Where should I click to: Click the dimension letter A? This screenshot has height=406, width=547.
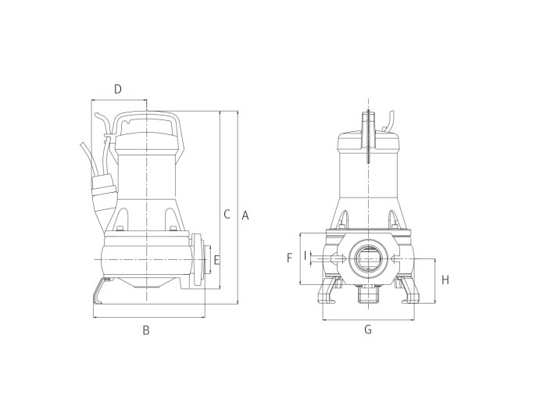click(245, 215)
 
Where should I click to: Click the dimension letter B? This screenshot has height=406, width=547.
click(146, 330)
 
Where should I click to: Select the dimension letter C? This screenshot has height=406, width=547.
click(227, 214)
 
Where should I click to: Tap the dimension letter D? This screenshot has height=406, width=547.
click(118, 89)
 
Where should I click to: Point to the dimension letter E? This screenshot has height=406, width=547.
click(216, 260)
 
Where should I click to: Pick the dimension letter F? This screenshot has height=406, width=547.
click(289, 258)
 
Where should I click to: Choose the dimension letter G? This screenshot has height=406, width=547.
click(368, 329)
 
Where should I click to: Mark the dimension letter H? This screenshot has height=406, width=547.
click(445, 280)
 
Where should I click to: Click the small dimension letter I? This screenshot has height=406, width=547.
click(306, 255)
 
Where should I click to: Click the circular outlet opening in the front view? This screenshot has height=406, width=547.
click(368, 258)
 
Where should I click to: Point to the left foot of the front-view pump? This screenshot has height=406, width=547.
click(328, 290)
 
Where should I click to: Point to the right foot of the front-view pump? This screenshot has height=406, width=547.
click(407, 290)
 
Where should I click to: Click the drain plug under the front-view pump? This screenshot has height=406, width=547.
click(368, 294)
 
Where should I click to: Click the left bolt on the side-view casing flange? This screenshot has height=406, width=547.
click(120, 229)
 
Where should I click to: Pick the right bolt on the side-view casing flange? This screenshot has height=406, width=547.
click(173, 229)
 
